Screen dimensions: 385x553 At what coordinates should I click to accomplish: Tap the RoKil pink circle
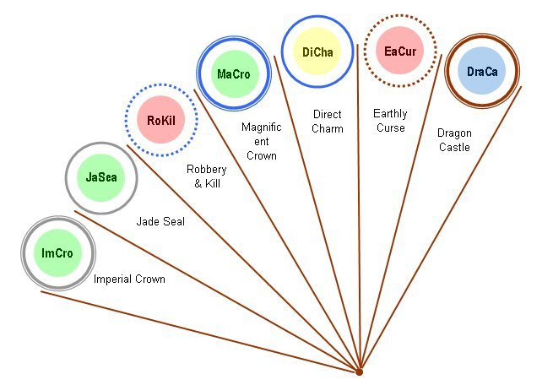(160, 121)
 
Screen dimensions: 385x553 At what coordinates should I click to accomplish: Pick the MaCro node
(233, 74)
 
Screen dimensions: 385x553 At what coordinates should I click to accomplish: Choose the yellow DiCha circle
(317, 52)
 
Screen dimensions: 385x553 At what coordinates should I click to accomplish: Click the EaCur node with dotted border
(400, 52)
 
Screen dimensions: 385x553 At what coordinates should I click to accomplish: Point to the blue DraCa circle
(482, 72)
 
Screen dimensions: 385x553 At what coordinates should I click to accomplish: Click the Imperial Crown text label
(129, 279)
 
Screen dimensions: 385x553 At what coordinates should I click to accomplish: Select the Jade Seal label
(161, 223)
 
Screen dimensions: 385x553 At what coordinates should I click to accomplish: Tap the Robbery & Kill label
(206, 176)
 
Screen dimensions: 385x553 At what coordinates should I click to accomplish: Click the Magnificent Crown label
(261, 141)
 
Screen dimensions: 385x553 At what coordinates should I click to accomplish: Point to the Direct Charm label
(328, 121)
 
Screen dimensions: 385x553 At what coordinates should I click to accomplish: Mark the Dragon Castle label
(454, 140)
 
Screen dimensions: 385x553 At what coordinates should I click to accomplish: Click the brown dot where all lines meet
(359, 371)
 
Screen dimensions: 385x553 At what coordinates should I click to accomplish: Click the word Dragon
(454, 133)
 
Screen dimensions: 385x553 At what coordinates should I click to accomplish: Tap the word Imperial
(113, 279)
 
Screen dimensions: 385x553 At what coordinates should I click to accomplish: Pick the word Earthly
(390, 114)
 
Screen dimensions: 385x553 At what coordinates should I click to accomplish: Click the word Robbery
(206, 170)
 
